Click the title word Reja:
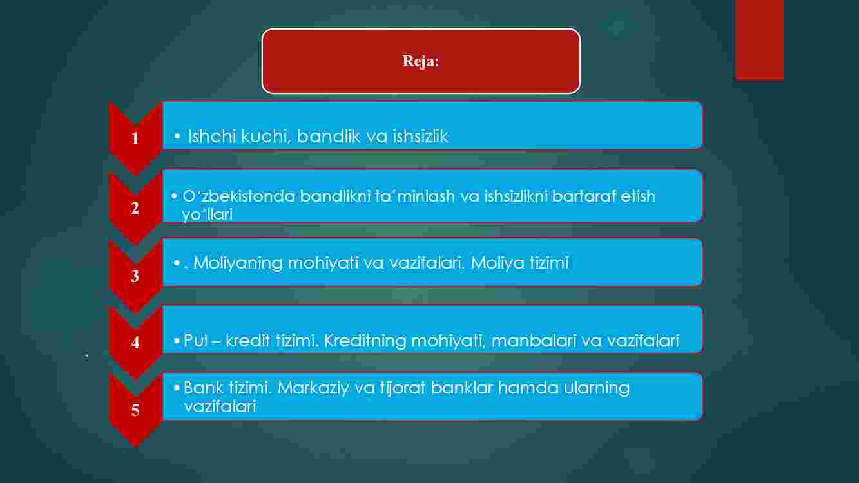(421, 61)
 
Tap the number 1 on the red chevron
(135, 138)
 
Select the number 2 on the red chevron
(135, 208)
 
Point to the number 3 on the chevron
(135, 276)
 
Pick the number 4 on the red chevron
(135, 343)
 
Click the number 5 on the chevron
(135, 410)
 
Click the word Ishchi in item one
(211, 137)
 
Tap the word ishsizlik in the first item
(420, 137)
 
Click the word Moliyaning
(238, 263)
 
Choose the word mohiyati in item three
(323, 263)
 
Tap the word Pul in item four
(195, 341)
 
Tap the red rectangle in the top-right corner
(759, 40)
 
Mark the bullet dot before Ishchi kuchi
(177, 136)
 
